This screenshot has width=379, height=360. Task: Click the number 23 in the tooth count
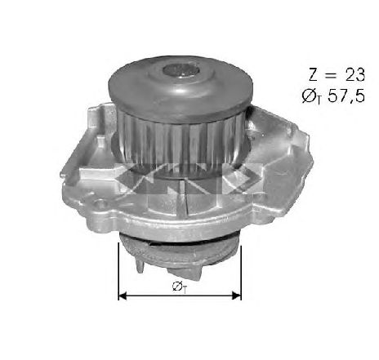[354, 74]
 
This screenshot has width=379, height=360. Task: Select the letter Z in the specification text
[313, 74]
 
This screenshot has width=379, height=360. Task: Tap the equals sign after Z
[332, 75]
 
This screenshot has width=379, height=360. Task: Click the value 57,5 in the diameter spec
[346, 96]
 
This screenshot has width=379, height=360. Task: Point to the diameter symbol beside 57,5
[311, 96]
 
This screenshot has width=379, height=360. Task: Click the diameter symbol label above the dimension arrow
[180, 287]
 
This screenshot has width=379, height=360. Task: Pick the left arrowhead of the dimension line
[123, 296]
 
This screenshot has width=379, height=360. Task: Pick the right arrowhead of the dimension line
[236, 296]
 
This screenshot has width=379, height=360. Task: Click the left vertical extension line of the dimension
[118, 271]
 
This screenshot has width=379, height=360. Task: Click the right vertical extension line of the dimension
[241, 273]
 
